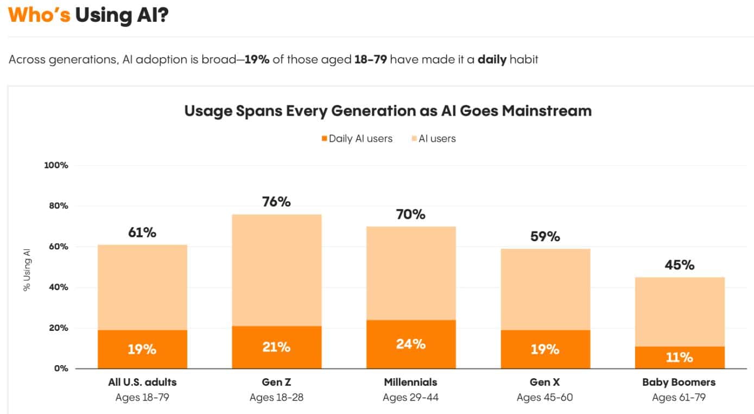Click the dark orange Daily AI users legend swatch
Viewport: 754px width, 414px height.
[325, 139]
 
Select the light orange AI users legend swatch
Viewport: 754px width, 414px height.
[414, 139]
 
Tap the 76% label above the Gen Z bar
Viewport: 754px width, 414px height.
[276, 202]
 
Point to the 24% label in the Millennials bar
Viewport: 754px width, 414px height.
[411, 343]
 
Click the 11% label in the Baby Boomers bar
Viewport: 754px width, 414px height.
[679, 357]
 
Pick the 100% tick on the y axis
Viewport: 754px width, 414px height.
[56, 165]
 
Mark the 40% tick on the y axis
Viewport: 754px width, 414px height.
[58, 287]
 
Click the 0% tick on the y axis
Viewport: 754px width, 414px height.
[61, 368]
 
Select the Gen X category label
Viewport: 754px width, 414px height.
[544, 382]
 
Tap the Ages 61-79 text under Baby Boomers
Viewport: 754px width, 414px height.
[679, 397]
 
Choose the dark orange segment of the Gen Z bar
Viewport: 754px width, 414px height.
[276, 347]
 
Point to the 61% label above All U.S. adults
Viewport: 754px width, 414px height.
[142, 232]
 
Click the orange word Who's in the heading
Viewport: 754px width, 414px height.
[39, 15]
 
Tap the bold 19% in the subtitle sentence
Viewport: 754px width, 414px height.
[257, 59]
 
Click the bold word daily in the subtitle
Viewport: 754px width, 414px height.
[492, 59]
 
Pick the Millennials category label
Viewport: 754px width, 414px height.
[410, 382]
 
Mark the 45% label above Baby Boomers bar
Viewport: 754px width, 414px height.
[679, 265]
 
